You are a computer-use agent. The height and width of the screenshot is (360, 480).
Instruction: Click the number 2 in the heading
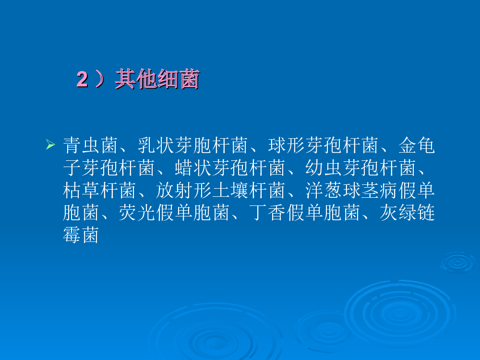[x=83, y=79]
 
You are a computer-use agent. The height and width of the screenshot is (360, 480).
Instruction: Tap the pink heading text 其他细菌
[x=157, y=79]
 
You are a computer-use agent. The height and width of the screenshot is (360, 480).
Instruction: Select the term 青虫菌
[x=91, y=145]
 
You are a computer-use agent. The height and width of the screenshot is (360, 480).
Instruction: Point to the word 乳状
[x=156, y=145]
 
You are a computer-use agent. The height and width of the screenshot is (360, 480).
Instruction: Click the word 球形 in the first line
[x=286, y=145]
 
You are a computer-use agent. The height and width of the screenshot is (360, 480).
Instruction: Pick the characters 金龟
[x=417, y=145]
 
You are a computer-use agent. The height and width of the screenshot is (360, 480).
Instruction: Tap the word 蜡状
[x=193, y=168]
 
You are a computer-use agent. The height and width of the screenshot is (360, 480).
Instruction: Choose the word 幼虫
[x=324, y=168]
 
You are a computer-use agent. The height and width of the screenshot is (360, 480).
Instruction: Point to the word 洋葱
[x=324, y=190]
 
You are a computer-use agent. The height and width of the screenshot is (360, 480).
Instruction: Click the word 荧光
[x=137, y=213]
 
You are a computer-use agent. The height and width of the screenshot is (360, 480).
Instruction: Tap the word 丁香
[x=267, y=213]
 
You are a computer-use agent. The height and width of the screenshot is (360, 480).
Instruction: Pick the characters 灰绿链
[x=407, y=213]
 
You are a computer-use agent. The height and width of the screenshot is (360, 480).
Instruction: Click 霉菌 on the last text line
[x=81, y=235]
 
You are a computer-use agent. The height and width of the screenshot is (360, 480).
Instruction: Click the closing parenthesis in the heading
[x=100, y=79]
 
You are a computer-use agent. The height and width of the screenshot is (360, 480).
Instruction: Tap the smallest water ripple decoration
[x=457, y=262]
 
